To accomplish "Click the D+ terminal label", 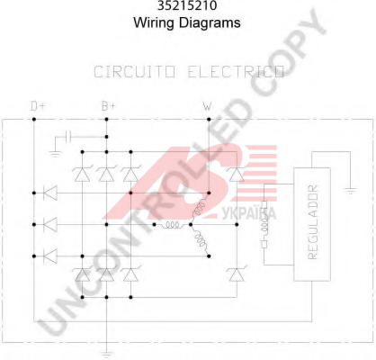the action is (x=38, y=106).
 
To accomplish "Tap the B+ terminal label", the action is (x=108, y=106).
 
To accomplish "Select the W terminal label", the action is (x=207, y=106).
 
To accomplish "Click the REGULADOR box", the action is (x=312, y=224).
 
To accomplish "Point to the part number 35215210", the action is (x=187, y=5).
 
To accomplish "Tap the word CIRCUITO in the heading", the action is (x=134, y=72).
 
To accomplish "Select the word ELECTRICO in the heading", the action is (x=236, y=72).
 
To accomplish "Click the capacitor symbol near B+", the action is (x=67, y=137).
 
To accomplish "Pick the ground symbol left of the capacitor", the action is (x=55, y=154).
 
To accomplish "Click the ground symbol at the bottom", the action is (x=106, y=354).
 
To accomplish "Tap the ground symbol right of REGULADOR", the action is (x=350, y=191).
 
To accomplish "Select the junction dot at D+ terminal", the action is (x=34, y=119).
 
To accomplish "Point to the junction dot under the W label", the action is (x=209, y=119).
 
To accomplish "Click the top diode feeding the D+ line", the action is (x=50, y=193).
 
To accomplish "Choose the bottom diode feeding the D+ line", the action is (x=50, y=256).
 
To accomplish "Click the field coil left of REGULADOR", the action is (x=264, y=225).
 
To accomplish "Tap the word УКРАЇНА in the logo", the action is (x=249, y=213).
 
